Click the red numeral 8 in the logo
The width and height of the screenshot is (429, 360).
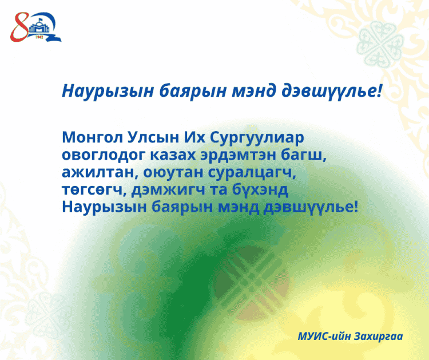pos(19,27)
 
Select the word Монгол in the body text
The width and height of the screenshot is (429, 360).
pos(93,137)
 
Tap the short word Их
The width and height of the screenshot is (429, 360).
pos(194,137)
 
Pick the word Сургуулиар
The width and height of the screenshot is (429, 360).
pos(257,138)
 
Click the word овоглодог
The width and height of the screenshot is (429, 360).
pos(104,155)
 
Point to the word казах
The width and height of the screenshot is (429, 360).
pos(173,155)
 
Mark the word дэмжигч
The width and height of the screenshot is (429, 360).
pos(168,190)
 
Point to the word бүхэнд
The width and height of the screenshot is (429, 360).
pos(260,189)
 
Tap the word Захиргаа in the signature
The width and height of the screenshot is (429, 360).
pos(379,337)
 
